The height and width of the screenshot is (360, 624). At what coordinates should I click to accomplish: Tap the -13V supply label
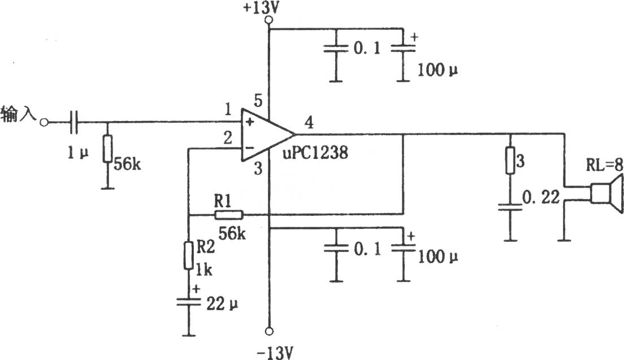click(275, 353)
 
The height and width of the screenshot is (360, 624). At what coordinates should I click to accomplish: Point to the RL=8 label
click(604, 164)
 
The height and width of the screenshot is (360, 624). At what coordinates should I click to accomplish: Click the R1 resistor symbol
click(229, 215)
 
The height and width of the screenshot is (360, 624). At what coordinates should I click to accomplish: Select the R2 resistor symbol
click(189, 255)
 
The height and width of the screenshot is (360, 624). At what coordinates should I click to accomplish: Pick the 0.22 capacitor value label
click(541, 197)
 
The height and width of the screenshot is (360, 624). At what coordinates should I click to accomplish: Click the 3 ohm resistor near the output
click(510, 161)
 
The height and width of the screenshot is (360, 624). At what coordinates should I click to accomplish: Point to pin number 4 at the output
click(309, 122)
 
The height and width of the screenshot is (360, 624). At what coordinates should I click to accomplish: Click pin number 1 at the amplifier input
click(228, 110)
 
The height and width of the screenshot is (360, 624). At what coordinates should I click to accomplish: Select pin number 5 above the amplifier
click(258, 101)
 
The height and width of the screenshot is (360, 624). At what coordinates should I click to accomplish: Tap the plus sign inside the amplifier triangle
click(250, 122)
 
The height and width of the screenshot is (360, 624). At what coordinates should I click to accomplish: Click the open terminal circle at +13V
click(270, 19)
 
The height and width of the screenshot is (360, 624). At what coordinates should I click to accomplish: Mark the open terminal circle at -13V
click(270, 331)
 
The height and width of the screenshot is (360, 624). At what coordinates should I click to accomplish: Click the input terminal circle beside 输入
click(44, 122)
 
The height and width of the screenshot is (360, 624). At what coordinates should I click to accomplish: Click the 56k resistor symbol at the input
click(107, 149)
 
